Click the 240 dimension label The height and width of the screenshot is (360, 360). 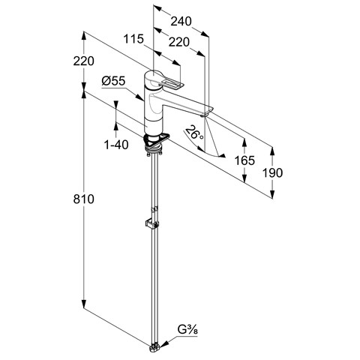(x=181, y=22)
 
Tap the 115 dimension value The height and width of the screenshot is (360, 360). (x=133, y=39)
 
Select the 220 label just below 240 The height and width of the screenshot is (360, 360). (x=179, y=42)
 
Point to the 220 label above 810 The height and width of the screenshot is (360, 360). (x=84, y=61)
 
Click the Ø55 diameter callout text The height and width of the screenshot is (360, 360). (x=113, y=81)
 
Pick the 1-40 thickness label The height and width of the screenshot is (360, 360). (x=116, y=145)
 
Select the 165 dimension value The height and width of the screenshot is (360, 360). (x=244, y=160)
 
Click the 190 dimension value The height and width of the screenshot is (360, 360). (x=272, y=172)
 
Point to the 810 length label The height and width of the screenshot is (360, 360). (x=84, y=199)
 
